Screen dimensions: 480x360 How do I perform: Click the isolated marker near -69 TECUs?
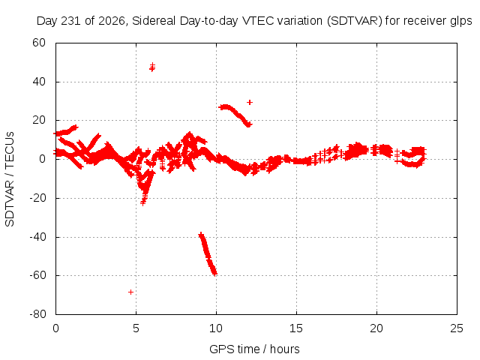click(x=130, y=292)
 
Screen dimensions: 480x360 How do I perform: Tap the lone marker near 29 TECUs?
click(x=250, y=102)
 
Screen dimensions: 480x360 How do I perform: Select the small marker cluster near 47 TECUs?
click(x=152, y=67)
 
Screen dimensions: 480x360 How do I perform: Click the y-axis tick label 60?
click(x=39, y=43)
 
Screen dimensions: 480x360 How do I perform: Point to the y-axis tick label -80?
click(x=37, y=313)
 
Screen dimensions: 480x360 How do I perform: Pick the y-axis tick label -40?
click(x=37, y=236)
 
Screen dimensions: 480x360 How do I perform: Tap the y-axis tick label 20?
click(x=39, y=120)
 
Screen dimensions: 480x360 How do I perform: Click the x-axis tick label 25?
click(x=457, y=328)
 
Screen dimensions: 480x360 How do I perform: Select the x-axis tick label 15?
click(x=296, y=328)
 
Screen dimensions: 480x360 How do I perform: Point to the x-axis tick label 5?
click(x=136, y=328)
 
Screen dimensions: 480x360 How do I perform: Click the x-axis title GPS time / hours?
click(x=254, y=349)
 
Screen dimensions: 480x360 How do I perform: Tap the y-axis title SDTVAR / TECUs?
click(x=10, y=179)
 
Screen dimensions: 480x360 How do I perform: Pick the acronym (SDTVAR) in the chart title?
click(x=355, y=21)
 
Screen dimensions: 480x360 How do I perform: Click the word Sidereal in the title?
click(x=154, y=21)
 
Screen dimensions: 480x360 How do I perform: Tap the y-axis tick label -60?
click(x=37, y=275)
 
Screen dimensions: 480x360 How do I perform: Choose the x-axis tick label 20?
click(x=376, y=328)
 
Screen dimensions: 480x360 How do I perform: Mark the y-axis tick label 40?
click(x=39, y=82)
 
